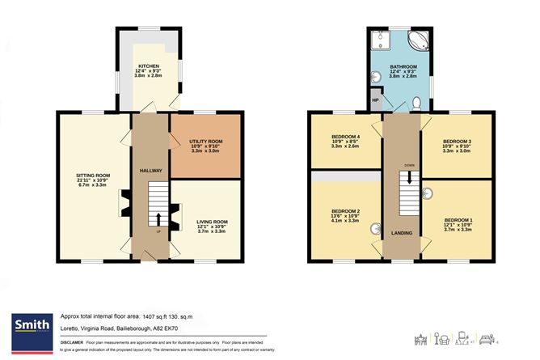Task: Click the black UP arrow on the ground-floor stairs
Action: click(158, 218)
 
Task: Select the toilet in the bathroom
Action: click(416, 104)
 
